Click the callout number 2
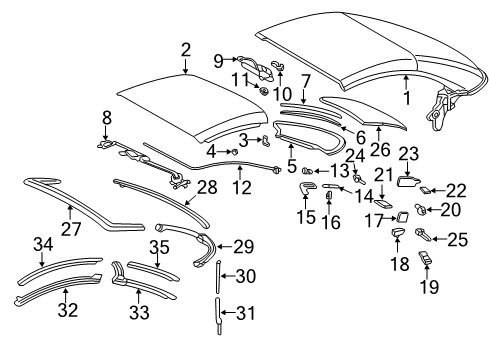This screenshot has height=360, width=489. pyautogui.click(x=186, y=50)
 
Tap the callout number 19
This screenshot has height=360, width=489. pyautogui.click(x=429, y=286)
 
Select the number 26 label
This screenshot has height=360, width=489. pyautogui.click(x=380, y=149)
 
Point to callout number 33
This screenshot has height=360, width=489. pyautogui.click(x=139, y=312)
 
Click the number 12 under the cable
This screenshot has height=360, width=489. pyautogui.click(x=242, y=187)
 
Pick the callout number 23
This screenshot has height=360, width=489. pyautogui.click(x=409, y=154)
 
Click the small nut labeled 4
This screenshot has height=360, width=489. pyautogui.click(x=234, y=152)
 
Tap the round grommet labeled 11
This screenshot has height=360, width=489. pyautogui.click(x=264, y=91)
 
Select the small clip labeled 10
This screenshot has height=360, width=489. pyautogui.click(x=278, y=65)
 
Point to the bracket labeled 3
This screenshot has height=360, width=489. pyautogui.click(x=266, y=141)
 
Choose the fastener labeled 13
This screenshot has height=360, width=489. pyautogui.click(x=307, y=171)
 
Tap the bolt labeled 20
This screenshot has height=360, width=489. pyautogui.click(x=420, y=209)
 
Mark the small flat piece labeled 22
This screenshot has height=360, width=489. pyautogui.click(x=425, y=190)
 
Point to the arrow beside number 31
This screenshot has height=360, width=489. pyautogui.click(x=227, y=313)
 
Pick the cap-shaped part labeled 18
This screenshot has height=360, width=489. pyautogui.click(x=398, y=232)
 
